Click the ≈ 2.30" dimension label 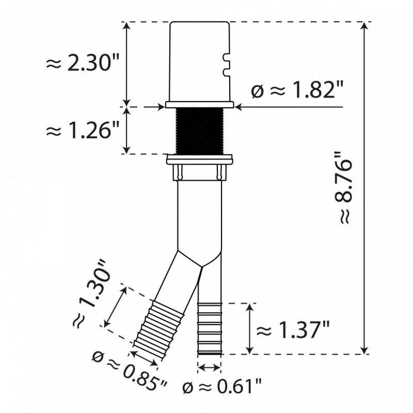83,63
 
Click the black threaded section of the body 199,131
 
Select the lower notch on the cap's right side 225,67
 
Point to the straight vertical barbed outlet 210,328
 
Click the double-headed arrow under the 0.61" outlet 210,368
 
